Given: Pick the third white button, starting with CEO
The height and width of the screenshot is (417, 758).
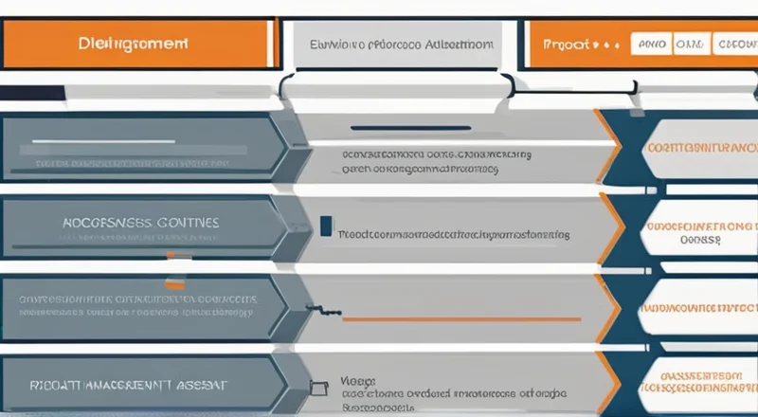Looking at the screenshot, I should [x=736, y=44].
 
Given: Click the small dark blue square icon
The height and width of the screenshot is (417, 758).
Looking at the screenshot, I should [x=326, y=227].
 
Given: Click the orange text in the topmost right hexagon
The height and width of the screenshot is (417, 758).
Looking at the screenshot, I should [x=700, y=149].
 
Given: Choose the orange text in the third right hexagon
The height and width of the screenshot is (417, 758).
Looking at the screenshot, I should [x=700, y=308].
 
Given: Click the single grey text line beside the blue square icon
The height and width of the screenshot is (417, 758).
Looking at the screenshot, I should [x=454, y=230].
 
